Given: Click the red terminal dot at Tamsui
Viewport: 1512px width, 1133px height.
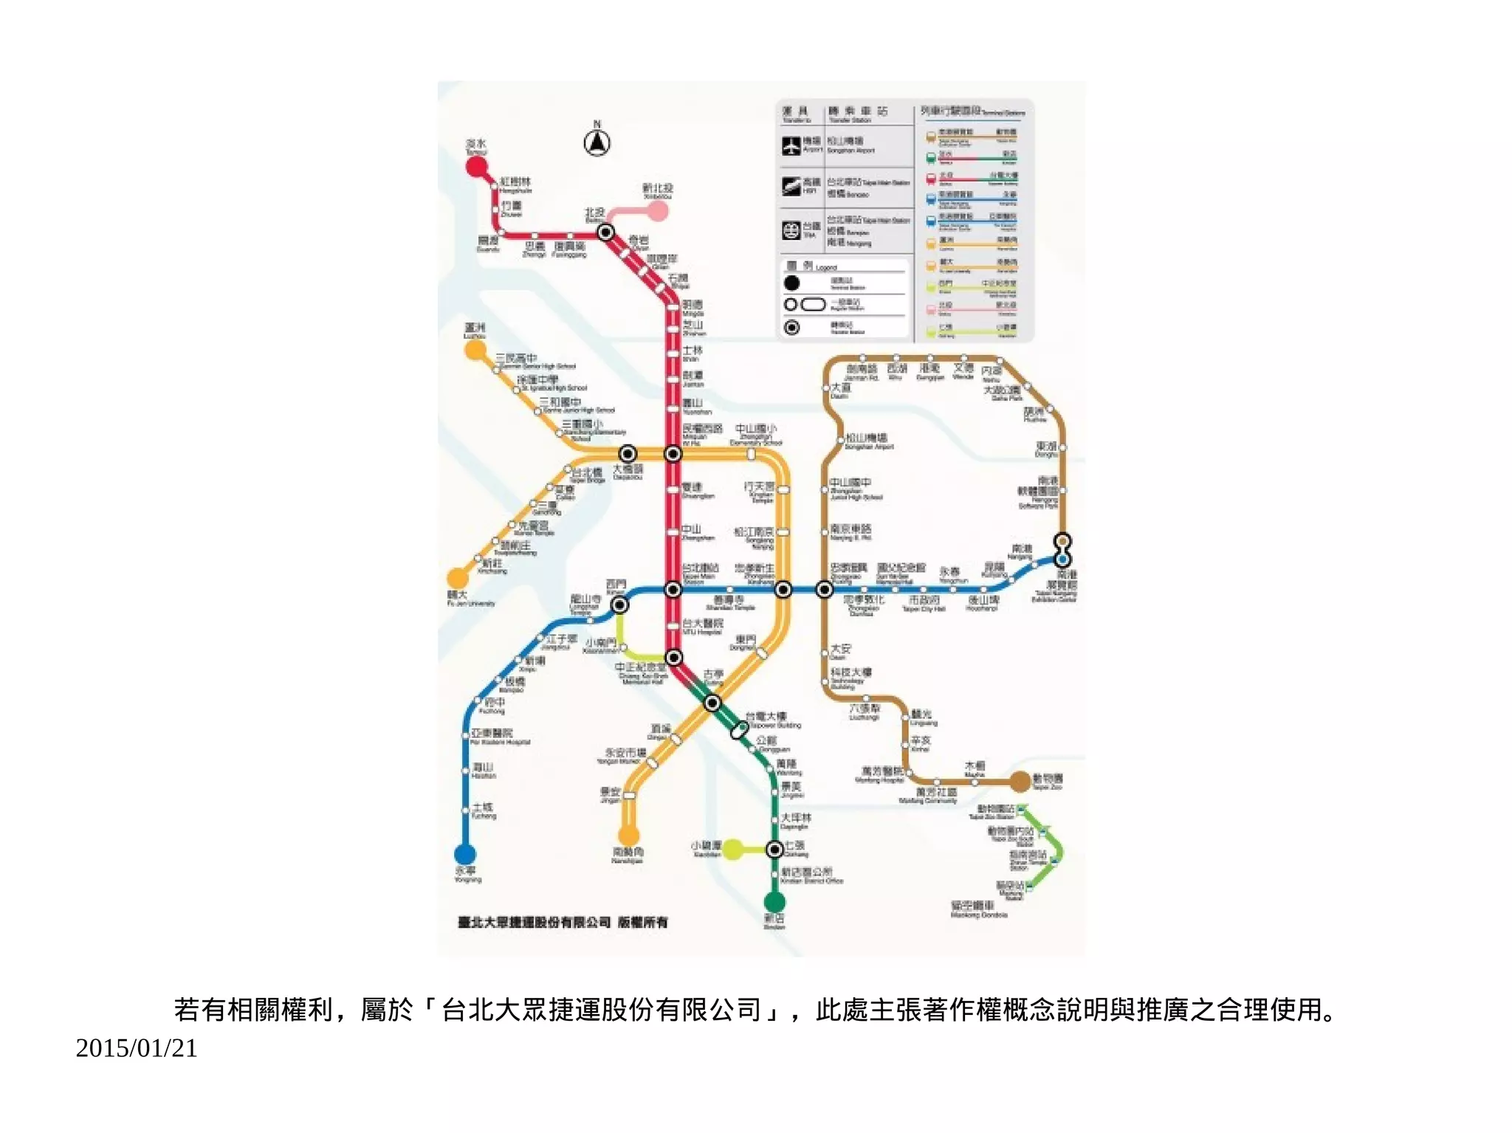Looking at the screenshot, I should (x=477, y=166).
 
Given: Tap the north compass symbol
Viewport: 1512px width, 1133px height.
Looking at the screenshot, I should (x=597, y=142).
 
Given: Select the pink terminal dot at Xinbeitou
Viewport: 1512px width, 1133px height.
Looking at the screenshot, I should (x=658, y=212).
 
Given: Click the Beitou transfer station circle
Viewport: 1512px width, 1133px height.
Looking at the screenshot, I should (x=605, y=233).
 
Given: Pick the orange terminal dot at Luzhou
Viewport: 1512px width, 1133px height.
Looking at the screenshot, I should (x=475, y=350).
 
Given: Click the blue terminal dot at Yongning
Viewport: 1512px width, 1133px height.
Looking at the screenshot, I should (x=464, y=854).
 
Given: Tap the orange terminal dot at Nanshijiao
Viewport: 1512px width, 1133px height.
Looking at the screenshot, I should (x=628, y=836).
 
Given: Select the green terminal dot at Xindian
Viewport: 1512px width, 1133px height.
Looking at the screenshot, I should (x=774, y=901).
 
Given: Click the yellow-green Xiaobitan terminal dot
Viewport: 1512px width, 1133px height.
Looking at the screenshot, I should (x=732, y=850).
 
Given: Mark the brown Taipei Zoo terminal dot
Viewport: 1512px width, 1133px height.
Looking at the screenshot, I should (x=1020, y=781).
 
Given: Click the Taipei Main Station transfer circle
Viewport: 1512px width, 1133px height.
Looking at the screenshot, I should (x=673, y=590).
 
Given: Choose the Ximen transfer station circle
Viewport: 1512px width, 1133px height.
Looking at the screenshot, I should (x=619, y=605).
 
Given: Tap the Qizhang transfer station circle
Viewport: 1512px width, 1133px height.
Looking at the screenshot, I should (x=774, y=850).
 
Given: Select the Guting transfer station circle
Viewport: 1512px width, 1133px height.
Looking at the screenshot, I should (x=712, y=703).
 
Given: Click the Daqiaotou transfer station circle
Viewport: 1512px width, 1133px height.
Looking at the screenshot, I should (x=628, y=453).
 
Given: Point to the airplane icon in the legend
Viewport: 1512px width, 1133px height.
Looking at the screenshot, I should (x=791, y=145).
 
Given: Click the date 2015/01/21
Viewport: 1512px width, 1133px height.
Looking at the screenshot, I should (x=137, y=1048).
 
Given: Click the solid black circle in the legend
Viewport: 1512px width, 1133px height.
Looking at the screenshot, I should (x=791, y=283).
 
